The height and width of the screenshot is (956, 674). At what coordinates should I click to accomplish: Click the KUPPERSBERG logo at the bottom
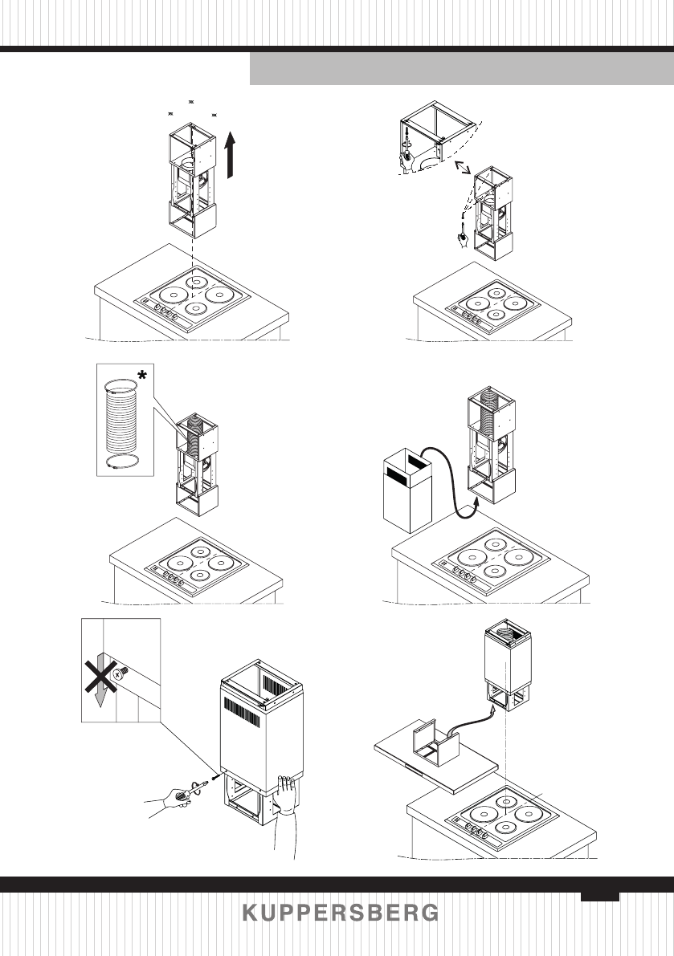(x=341, y=913)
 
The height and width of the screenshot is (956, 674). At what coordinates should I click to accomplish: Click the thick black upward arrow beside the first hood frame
(x=233, y=157)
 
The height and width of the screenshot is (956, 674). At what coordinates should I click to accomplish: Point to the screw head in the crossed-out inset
(x=120, y=676)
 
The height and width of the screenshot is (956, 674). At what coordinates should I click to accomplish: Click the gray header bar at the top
(x=461, y=69)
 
